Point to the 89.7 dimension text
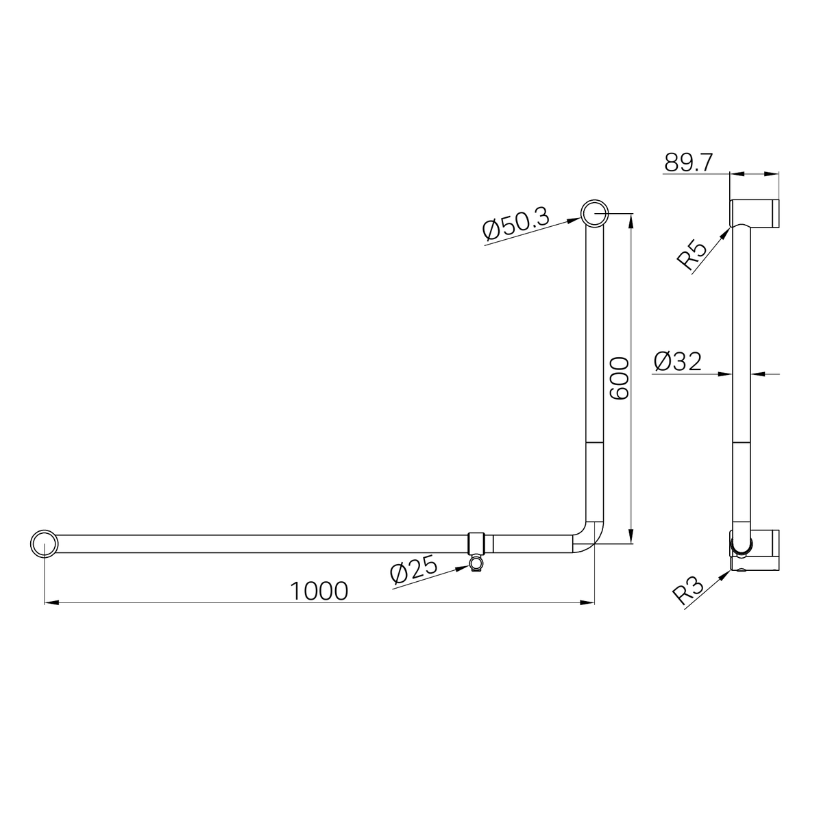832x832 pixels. (689, 163)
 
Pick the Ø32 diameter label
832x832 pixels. (678, 361)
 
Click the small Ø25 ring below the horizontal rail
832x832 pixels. (476, 563)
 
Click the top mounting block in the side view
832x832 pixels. (755, 212)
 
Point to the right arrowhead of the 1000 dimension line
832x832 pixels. (588, 602)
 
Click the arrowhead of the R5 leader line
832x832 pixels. (728, 231)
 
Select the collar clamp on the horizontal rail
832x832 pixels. (480, 543)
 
